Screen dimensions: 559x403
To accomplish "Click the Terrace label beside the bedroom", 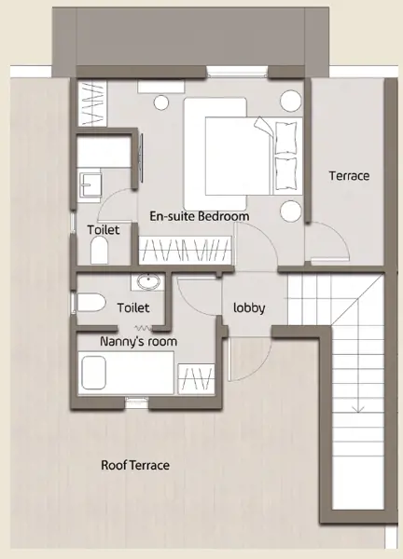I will tap(350, 175).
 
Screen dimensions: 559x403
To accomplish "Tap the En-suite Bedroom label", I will tap(199, 216).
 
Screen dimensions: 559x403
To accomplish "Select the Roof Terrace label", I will tap(135, 465).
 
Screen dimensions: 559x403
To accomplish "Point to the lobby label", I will tap(250, 308).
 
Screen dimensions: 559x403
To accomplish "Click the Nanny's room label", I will tap(138, 342).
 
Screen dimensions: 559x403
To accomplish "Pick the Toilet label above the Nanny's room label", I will tap(133, 306).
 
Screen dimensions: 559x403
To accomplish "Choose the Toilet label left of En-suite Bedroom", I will tap(104, 229).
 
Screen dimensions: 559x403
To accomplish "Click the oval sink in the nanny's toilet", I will tap(146, 282).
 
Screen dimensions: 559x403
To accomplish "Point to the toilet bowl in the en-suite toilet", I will tap(100, 250).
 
